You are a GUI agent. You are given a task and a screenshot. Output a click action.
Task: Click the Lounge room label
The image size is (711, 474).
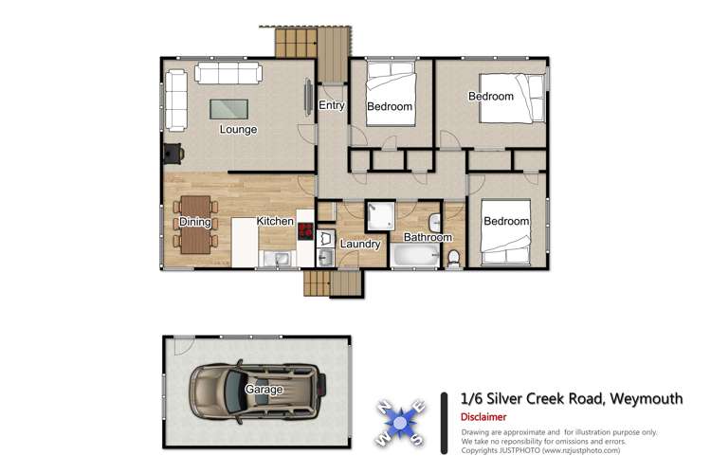click(x=238, y=129)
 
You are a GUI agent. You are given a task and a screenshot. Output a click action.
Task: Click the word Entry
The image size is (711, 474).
click(x=331, y=105)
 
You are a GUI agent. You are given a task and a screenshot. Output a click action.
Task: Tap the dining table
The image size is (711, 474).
click(x=194, y=223)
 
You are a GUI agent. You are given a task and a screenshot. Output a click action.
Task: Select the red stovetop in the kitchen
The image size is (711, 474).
click(x=305, y=229)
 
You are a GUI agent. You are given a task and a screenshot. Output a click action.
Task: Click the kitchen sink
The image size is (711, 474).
click(x=280, y=257)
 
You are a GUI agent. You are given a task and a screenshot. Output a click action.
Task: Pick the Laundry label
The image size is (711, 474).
click(x=360, y=243)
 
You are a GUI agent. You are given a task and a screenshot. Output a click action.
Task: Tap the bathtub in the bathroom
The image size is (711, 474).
click(x=413, y=256)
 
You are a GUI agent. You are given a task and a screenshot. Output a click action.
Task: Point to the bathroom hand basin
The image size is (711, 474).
click(x=435, y=221)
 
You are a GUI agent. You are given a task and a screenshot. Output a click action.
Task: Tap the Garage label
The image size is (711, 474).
click(x=265, y=390)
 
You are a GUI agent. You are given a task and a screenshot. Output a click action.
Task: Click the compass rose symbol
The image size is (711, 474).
click(x=401, y=419)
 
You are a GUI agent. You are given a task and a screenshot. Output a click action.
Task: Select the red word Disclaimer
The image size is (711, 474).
click(x=483, y=417)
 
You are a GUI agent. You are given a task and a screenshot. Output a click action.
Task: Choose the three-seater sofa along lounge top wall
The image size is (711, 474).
click(x=228, y=73)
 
